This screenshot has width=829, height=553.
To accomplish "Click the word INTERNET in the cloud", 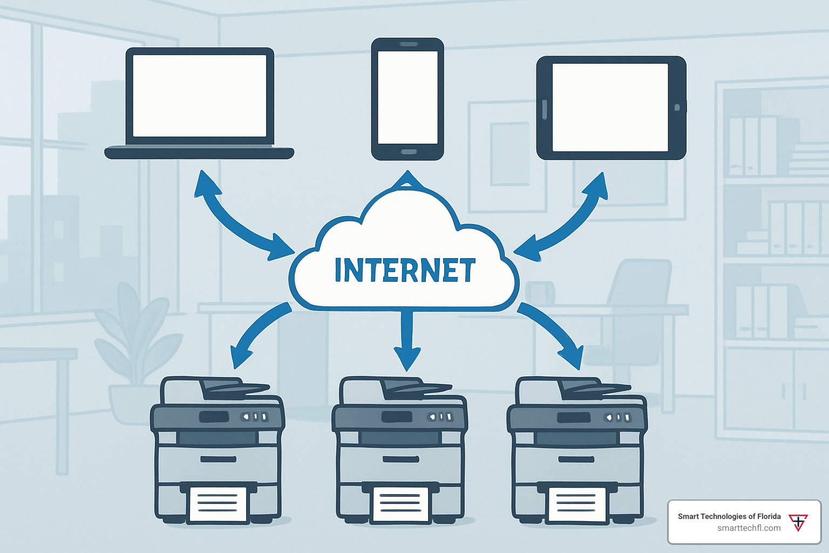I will pos(405,271).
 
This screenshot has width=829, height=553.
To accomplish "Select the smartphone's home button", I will pos(408,152).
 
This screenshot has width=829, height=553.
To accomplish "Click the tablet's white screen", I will pos(610,107).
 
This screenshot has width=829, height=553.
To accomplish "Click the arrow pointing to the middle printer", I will pos(407,340).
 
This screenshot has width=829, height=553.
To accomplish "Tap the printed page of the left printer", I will pos(218,504).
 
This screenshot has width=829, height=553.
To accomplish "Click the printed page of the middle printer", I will pos(400,504).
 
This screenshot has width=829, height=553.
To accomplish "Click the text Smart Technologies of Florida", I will pos(729,516).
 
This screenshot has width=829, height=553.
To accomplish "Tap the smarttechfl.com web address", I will pos(749,528).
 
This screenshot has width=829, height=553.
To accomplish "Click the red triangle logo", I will pos(798,522).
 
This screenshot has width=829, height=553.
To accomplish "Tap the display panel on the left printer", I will pos(214,417).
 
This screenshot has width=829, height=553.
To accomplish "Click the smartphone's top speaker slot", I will pos(408,44).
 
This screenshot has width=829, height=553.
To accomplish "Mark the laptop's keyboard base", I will pos(199,152).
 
